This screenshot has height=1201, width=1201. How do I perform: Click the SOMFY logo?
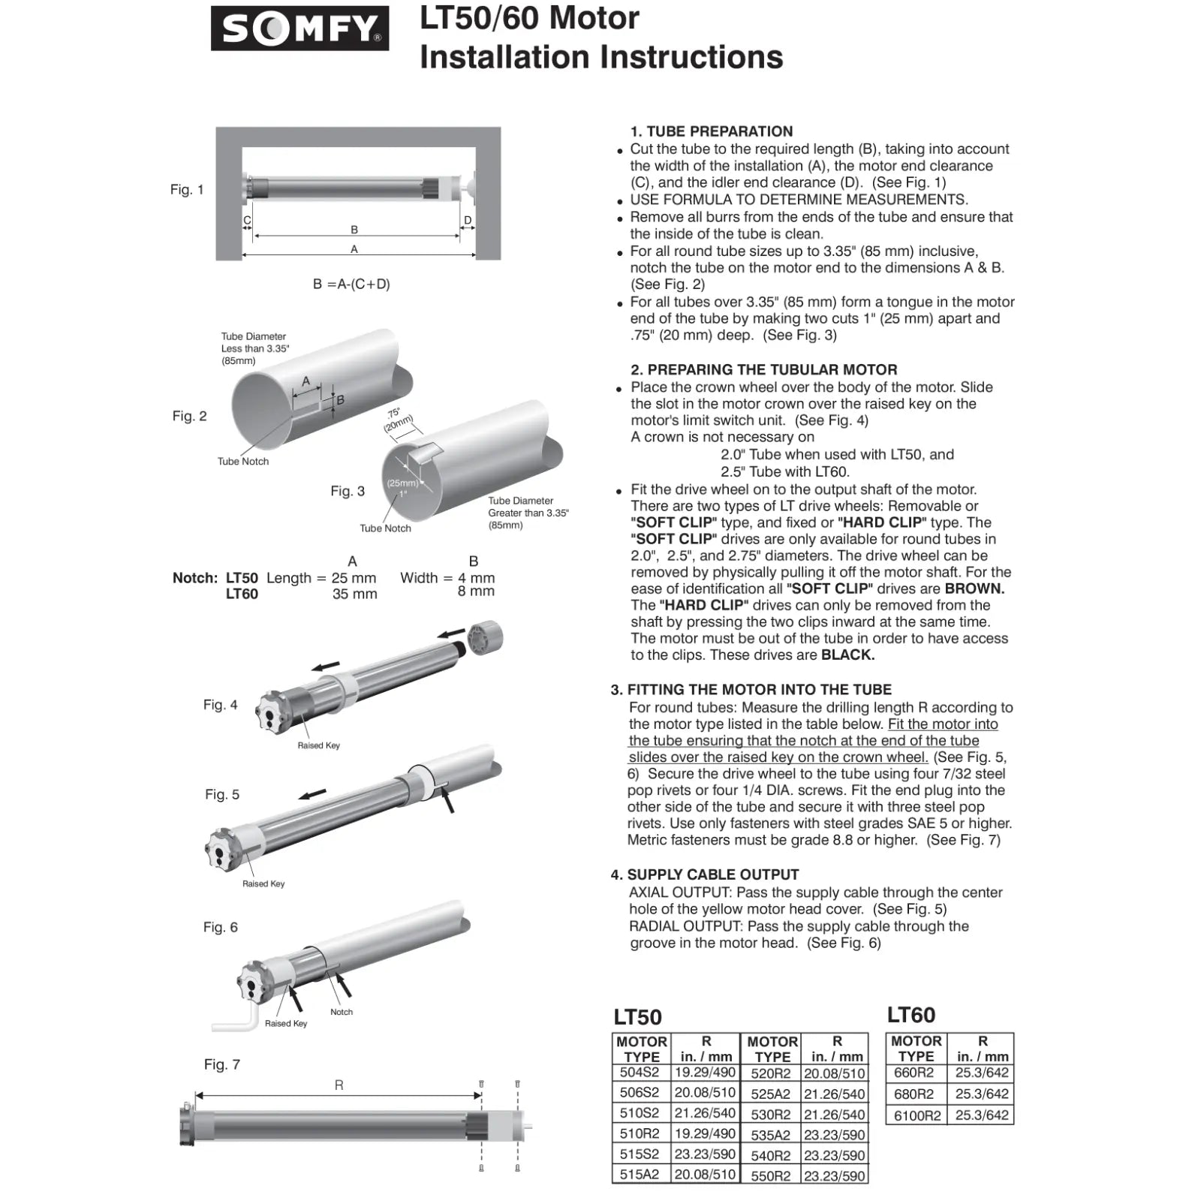[x=299, y=29]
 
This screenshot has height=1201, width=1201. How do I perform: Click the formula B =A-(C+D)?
[x=351, y=284]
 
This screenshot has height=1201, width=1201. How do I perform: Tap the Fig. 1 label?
[x=186, y=190]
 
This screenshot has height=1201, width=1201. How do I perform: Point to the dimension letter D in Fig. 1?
[x=468, y=221]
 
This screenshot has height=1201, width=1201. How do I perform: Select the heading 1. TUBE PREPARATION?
[x=711, y=131]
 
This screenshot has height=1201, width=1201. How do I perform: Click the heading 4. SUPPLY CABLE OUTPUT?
[x=705, y=874]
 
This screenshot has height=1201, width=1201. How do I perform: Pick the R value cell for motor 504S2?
[x=704, y=1073]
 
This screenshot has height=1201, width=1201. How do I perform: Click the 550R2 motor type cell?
[x=770, y=1176]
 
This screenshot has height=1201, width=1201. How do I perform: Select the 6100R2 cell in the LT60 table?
[x=917, y=1115]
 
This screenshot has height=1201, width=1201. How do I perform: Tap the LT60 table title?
[x=911, y=1015]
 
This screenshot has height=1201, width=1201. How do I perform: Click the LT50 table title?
[x=637, y=1017]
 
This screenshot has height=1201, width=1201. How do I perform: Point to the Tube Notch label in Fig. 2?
[x=242, y=462]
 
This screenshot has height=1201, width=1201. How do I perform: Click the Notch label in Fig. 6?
[x=341, y=1013]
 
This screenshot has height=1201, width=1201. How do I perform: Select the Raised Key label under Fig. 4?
[x=318, y=745]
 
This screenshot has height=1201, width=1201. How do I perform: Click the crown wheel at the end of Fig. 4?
[x=486, y=639]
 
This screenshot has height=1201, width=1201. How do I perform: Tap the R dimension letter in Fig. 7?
[x=339, y=1085]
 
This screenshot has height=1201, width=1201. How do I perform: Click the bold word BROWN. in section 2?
[x=974, y=589]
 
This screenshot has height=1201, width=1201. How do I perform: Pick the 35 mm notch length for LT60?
[x=354, y=594]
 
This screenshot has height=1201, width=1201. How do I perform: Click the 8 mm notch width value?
[x=476, y=591]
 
